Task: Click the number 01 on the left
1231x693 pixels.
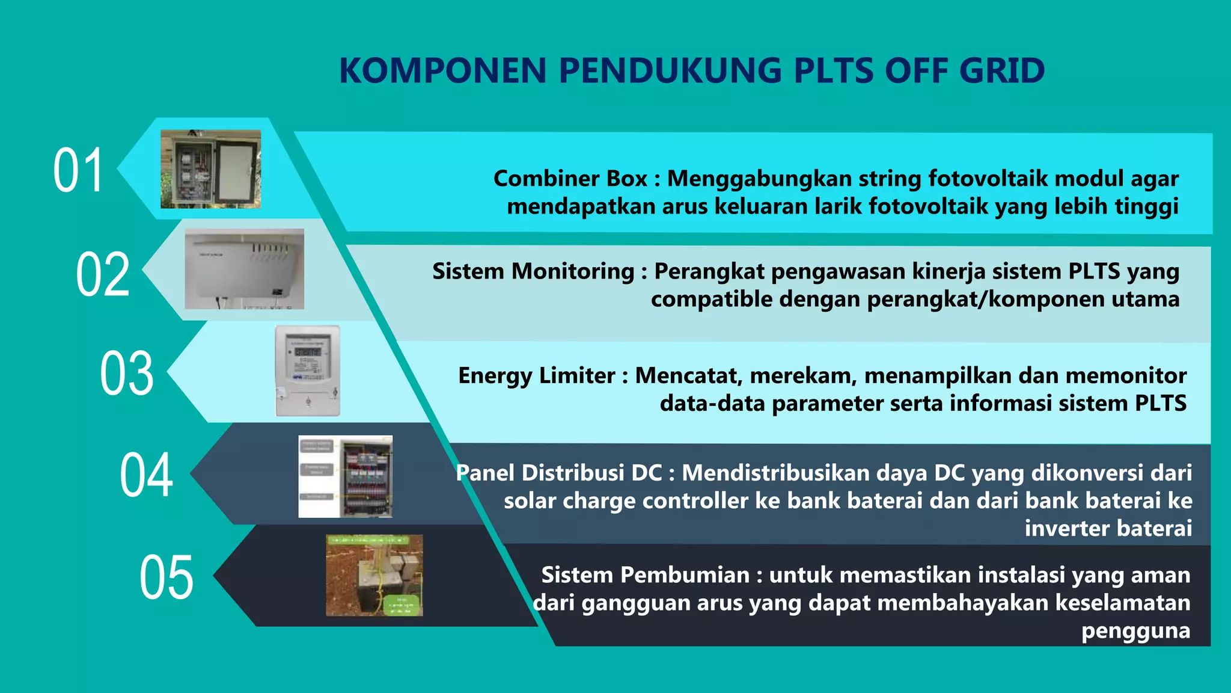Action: coord(78,171)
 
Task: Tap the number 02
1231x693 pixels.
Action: coord(103,274)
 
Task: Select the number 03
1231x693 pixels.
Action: coord(127,374)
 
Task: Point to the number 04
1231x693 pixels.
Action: coord(147,475)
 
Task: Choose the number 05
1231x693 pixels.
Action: coord(166,577)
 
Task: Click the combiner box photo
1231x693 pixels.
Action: coord(210,169)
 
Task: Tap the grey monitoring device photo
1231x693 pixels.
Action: coord(244,269)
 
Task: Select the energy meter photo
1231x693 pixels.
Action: coord(308,371)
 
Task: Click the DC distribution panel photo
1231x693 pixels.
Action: coord(346,476)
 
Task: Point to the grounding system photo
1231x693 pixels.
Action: coord(374,575)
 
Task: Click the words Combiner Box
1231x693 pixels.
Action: coord(570,179)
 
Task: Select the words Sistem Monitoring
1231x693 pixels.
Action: coord(533,271)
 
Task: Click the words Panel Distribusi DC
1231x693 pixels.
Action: coord(559,473)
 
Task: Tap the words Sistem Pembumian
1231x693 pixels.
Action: coord(645,575)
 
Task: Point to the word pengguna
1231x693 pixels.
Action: coord(1135,631)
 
